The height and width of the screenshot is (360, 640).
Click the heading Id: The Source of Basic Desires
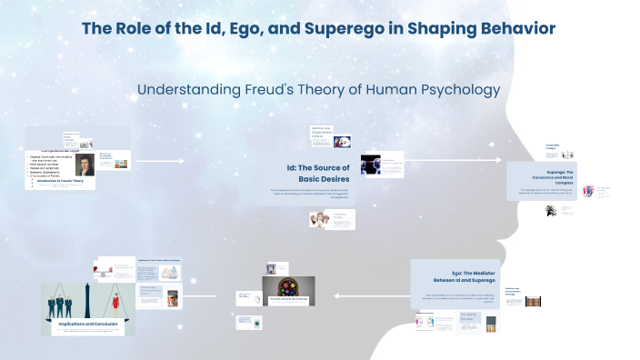(315, 172)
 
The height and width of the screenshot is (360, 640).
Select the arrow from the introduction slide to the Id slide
(159, 162)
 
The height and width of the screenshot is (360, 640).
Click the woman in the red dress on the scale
(119, 300)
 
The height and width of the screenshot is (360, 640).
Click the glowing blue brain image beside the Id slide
(369, 165)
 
